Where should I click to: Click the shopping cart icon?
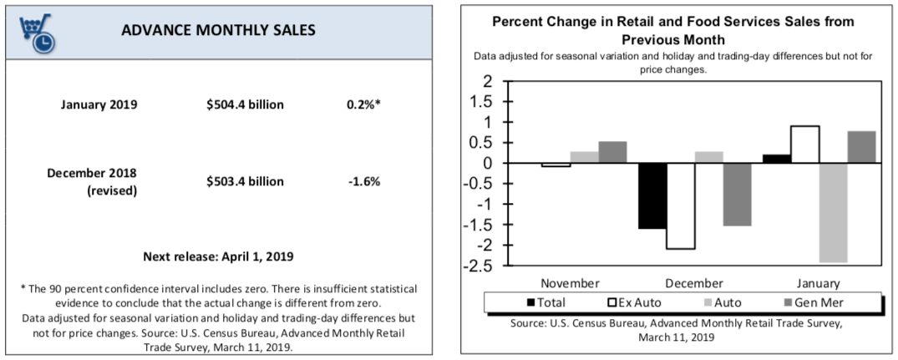(x=36, y=30)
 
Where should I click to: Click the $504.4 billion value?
(x=246, y=104)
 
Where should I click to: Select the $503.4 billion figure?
(x=246, y=181)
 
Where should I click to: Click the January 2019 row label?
(x=98, y=104)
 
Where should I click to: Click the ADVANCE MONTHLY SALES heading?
(x=218, y=30)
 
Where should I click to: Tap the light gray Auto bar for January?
(x=834, y=212)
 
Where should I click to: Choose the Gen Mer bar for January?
(x=862, y=147)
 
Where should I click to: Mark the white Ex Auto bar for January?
(x=805, y=145)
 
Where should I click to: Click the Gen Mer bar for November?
(x=612, y=152)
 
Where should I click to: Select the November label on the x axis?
(x=571, y=283)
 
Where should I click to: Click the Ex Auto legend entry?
(x=638, y=302)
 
